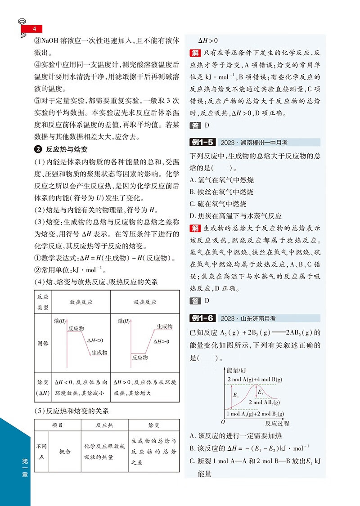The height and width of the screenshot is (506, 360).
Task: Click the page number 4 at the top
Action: [x=34, y=30]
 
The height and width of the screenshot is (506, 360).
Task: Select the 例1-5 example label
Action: [x=202, y=143]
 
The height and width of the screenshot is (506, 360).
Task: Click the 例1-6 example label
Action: [x=202, y=318]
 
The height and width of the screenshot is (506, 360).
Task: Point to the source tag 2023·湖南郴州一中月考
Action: [x=254, y=143]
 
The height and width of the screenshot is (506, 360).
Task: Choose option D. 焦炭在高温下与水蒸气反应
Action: [x=236, y=216]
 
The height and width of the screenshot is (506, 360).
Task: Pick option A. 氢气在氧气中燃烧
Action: [x=222, y=180]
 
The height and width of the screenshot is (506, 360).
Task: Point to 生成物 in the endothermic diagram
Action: [x=164, y=326]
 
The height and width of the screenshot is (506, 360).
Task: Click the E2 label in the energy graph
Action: [x=261, y=393]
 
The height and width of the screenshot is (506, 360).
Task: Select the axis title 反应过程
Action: [x=278, y=423]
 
